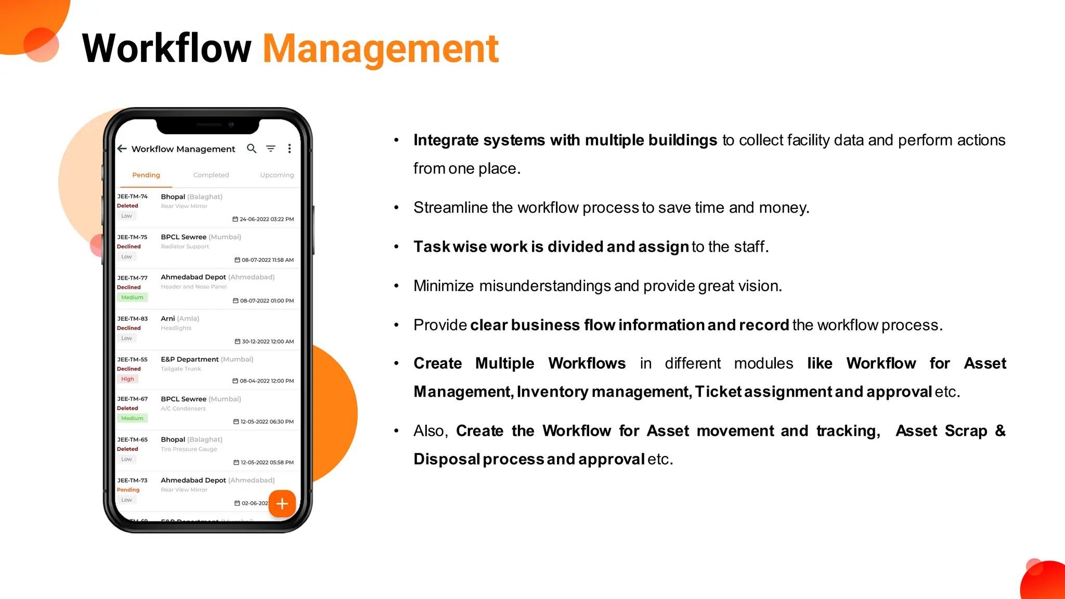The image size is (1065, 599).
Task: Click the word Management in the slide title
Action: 381,49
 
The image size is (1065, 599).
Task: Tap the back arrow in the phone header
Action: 122,149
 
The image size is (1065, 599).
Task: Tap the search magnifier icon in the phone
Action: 252,149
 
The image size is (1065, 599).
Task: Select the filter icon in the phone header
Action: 270,149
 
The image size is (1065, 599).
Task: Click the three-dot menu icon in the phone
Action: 290,149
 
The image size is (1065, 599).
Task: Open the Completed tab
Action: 211,175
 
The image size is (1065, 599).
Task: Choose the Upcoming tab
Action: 277,175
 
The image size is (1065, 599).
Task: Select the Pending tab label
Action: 146,175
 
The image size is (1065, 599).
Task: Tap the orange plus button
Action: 282,503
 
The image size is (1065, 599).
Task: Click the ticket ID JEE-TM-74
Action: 132,197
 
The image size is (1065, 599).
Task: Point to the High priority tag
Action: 127,379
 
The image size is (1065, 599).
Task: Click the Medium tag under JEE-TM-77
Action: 132,297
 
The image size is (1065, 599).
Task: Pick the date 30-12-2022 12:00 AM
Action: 267,342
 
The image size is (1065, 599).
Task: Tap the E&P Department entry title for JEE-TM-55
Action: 190,359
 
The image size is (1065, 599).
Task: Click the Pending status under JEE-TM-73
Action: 128,490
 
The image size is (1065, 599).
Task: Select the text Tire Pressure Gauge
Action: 189,449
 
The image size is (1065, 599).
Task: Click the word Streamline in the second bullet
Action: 450,207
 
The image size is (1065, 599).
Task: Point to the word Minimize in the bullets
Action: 444,286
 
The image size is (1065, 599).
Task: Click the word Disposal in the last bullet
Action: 446,459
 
